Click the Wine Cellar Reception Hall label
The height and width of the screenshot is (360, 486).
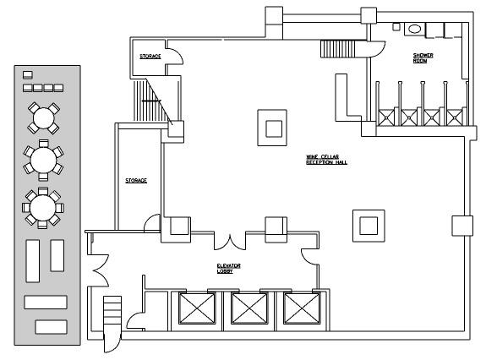tap(327, 160)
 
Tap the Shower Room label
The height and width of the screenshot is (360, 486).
tap(423, 58)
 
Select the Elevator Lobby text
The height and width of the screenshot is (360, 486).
tap(228, 268)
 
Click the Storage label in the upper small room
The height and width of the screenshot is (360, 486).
tap(150, 57)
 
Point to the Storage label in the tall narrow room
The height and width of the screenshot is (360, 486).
tap(136, 180)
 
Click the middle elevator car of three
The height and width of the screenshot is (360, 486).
tap(249, 308)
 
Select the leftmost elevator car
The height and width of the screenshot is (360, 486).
tap(197, 308)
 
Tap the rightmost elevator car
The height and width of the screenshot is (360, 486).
tap(302, 308)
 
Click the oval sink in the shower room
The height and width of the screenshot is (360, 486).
tap(414, 29)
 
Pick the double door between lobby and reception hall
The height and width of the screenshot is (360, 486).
tap(230, 243)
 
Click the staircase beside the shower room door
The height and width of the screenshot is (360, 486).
tap(337, 49)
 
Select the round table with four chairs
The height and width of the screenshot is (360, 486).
tap(44, 118)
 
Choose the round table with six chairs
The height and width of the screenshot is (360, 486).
tap(43, 161)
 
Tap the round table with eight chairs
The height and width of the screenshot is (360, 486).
tap(43, 208)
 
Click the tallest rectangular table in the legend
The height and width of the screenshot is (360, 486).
tap(33, 261)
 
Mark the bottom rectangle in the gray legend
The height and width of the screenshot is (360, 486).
tap(52, 327)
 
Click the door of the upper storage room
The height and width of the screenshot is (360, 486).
tap(175, 57)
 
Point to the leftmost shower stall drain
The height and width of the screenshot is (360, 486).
tap(386, 117)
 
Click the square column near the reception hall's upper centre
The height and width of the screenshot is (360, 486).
tap(272, 128)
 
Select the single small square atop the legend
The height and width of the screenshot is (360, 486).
tap(28, 74)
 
